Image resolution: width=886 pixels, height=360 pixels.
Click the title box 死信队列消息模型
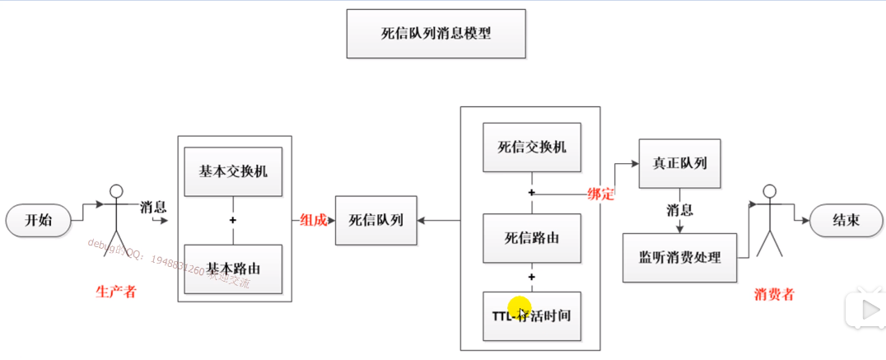[436, 34]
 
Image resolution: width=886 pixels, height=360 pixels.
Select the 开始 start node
[38, 221]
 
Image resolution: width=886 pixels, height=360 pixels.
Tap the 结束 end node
[847, 221]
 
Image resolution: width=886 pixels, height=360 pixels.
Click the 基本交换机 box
[233, 171]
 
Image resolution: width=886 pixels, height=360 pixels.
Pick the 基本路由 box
[233, 269]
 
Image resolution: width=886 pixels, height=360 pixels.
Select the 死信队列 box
[375, 220]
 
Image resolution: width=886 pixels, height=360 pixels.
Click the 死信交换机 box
[532, 147]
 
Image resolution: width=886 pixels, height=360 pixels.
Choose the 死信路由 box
[532, 238]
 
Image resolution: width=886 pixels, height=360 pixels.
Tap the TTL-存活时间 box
[532, 316]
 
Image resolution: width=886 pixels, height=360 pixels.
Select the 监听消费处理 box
[680, 258]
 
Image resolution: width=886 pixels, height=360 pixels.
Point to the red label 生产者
[115, 292]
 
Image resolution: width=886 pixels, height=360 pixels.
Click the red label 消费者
[774, 294]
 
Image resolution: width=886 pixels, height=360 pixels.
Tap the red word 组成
[313, 220]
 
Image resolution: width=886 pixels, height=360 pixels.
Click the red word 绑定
[601, 194]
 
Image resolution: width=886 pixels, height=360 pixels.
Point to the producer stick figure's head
[116, 188]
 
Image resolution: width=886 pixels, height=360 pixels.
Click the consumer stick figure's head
[769, 192]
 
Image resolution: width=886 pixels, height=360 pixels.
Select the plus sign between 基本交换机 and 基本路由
[233, 221]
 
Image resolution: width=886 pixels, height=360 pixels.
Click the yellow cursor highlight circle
[520, 310]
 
